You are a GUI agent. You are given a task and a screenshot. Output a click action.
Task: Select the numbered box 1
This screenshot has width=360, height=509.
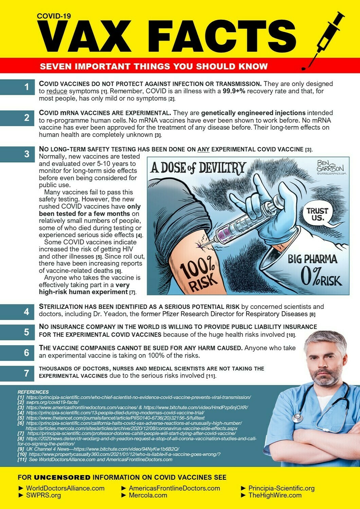(26, 87)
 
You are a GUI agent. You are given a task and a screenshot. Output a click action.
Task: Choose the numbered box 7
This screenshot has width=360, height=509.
(26, 373)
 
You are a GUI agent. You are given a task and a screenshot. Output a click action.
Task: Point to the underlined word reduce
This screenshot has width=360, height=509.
(57, 91)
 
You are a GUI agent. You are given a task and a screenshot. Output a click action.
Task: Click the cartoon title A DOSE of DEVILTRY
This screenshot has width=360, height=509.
(198, 168)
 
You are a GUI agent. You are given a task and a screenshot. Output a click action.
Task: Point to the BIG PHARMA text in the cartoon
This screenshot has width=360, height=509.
(312, 259)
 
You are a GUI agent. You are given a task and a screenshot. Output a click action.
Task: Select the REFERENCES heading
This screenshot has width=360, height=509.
(33, 392)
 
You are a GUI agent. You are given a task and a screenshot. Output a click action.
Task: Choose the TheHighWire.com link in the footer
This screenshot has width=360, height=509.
(275, 495)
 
